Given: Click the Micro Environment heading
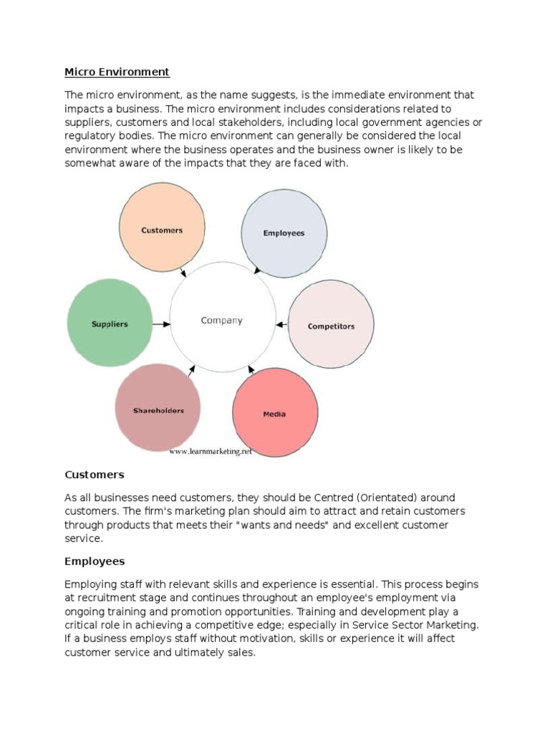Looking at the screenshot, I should point(117,72).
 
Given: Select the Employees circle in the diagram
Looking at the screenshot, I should point(284,233).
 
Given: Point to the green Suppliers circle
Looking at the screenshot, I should point(110,324).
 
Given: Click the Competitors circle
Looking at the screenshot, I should point(331,326).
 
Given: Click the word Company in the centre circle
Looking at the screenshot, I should point(221,321).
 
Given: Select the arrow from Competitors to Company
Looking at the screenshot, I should point(281,325).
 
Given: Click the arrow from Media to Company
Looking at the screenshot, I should point(250,371).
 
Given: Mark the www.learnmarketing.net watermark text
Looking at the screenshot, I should point(211,452).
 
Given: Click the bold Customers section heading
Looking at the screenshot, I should point(95,475).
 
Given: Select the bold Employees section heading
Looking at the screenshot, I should point(95,562).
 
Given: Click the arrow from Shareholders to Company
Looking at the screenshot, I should point(190,371).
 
